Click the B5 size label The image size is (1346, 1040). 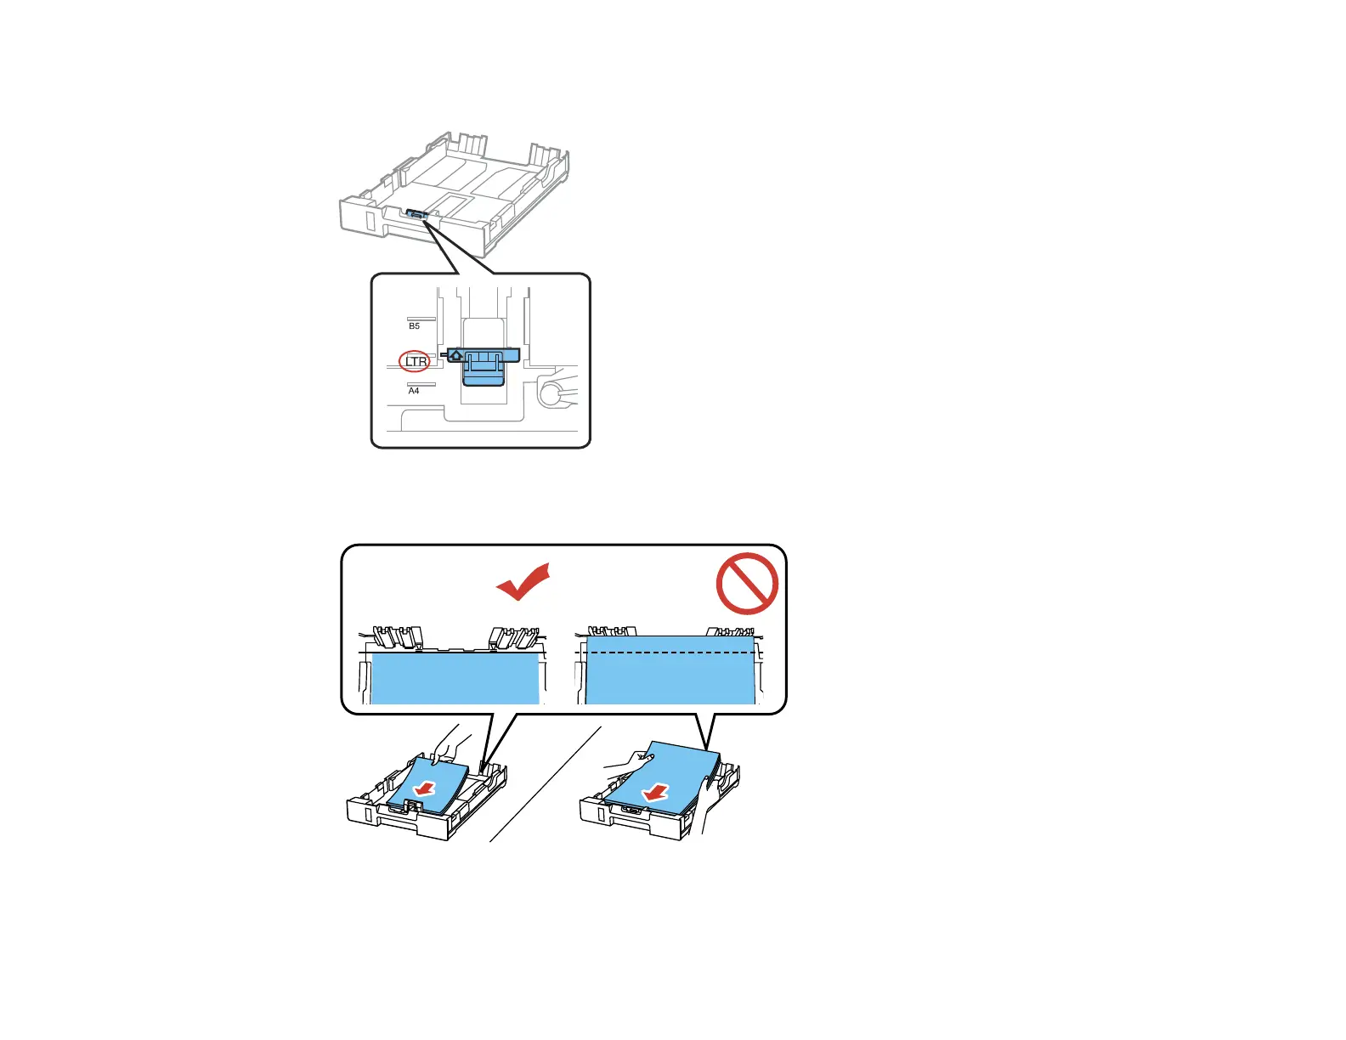click(414, 326)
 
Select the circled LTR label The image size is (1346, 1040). click(416, 361)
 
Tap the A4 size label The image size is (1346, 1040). click(414, 391)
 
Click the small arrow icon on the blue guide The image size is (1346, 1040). click(456, 355)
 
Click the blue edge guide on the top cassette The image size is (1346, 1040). click(416, 215)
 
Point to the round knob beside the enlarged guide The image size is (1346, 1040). click(551, 393)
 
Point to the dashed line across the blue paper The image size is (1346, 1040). click(671, 653)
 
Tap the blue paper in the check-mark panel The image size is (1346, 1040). click(455, 678)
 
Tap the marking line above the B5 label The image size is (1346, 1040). click(421, 319)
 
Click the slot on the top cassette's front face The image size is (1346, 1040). click(370, 218)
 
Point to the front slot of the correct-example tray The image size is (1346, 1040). click(366, 813)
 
